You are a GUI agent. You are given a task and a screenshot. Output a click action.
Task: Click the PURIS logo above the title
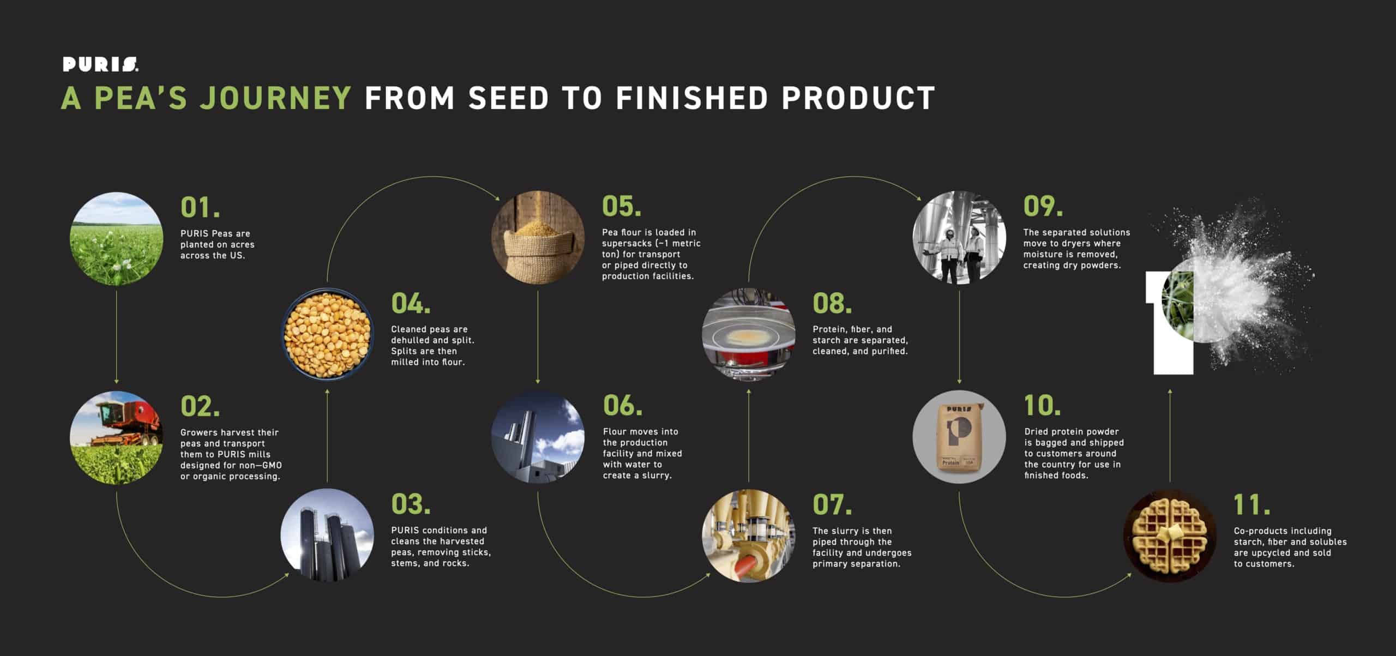point(100,65)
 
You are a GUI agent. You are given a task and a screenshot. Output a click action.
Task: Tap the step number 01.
point(200,207)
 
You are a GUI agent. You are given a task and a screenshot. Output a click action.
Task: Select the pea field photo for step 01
point(116,238)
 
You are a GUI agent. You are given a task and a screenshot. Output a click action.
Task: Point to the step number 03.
point(411,504)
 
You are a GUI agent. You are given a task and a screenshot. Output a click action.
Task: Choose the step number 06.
point(622,405)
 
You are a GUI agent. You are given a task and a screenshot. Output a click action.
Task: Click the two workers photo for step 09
point(960,237)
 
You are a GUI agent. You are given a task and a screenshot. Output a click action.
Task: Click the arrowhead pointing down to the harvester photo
point(116,381)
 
